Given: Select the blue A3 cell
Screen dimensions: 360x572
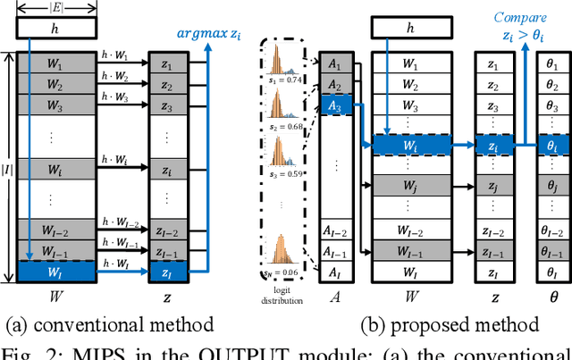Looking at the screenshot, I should pyautogui.click(x=334, y=105).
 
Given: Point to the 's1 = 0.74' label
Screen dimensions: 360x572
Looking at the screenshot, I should pyautogui.click(x=285, y=80).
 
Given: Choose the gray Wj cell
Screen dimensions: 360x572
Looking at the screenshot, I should pyautogui.click(x=409, y=185).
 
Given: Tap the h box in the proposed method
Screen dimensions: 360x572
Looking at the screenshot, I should pyautogui.click(x=409, y=29).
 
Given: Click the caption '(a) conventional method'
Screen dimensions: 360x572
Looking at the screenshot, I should pyautogui.click(x=109, y=324).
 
